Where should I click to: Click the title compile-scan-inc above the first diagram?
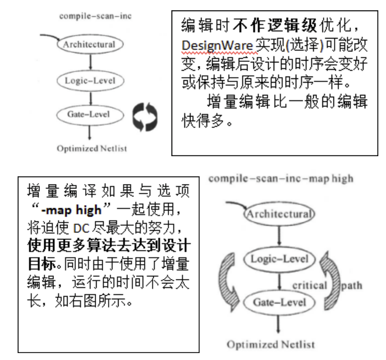coord(95,16)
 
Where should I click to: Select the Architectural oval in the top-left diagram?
coord(90,45)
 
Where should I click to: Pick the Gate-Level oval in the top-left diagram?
coord(89,114)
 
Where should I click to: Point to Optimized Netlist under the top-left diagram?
coord(92,148)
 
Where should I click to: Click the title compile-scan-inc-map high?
coord(281,179)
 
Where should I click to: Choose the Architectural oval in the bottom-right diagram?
coord(280,214)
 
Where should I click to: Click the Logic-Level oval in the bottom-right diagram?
coord(280,259)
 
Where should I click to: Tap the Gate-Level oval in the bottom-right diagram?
coord(280,302)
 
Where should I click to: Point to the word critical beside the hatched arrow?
coord(310,285)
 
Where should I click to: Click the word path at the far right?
coord(352,285)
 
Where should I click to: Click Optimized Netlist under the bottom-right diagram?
coord(271,345)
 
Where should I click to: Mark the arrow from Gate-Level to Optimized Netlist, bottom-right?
coord(280,323)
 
